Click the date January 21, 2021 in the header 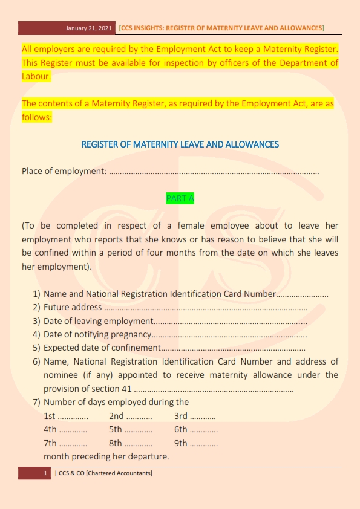coord(90,28)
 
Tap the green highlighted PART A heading coord(180,198)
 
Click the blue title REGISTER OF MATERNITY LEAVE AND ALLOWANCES coord(180,144)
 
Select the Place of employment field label coord(64,171)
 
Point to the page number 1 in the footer coord(45,473)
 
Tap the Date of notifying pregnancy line coord(97,334)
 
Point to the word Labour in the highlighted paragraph coord(36,77)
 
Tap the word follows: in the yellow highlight coord(38,117)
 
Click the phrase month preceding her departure coord(106,456)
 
